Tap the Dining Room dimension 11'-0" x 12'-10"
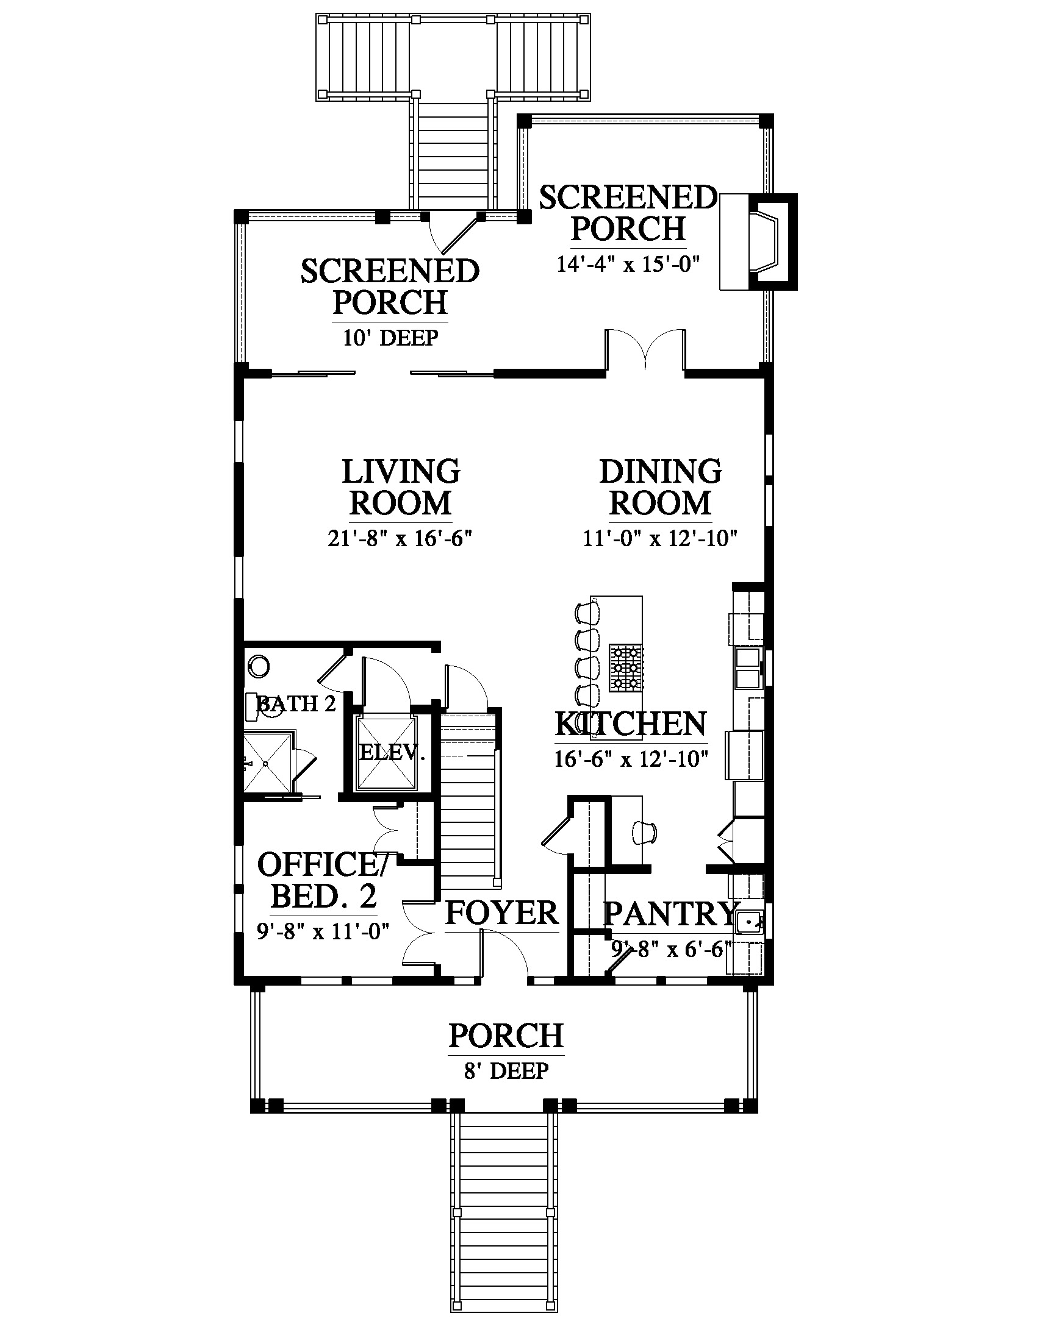(x=661, y=538)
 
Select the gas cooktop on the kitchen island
(x=625, y=667)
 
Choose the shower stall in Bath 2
(x=268, y=763)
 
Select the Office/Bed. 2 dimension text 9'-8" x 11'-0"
(x=324, y=931)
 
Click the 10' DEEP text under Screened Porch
(x=391, y=337)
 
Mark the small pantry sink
(x=750, y=921)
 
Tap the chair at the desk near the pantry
(x=644, y=831)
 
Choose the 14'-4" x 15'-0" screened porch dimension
(x=628, y=265)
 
